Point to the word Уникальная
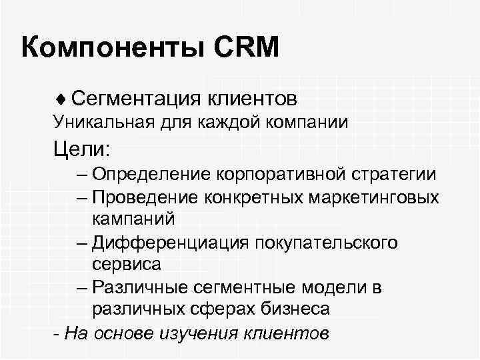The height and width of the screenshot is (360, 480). click(99, 123)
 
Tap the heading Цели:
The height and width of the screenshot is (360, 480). click(83, 147)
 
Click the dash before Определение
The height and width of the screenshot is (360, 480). click(81, 175)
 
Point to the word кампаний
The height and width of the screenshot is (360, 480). click(134, 219)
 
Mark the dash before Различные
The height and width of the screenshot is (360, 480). click(81, 287)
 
